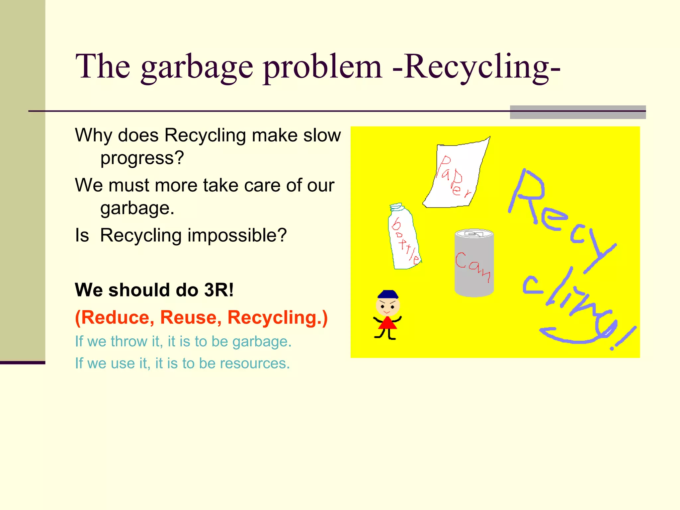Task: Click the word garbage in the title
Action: click(x=197, y=68)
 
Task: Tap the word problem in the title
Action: click(x=322, y=68)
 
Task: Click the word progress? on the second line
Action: click(x=142, y=158)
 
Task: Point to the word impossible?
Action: click(x=237, y=235)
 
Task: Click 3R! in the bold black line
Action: click(x=219, y=290)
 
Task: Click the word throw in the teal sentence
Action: click(x=129, y=342)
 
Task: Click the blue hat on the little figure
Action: click(x=387, y=295)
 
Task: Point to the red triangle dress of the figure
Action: click(x=387, y=324)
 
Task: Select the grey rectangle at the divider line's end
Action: click(x=578, y=112)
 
